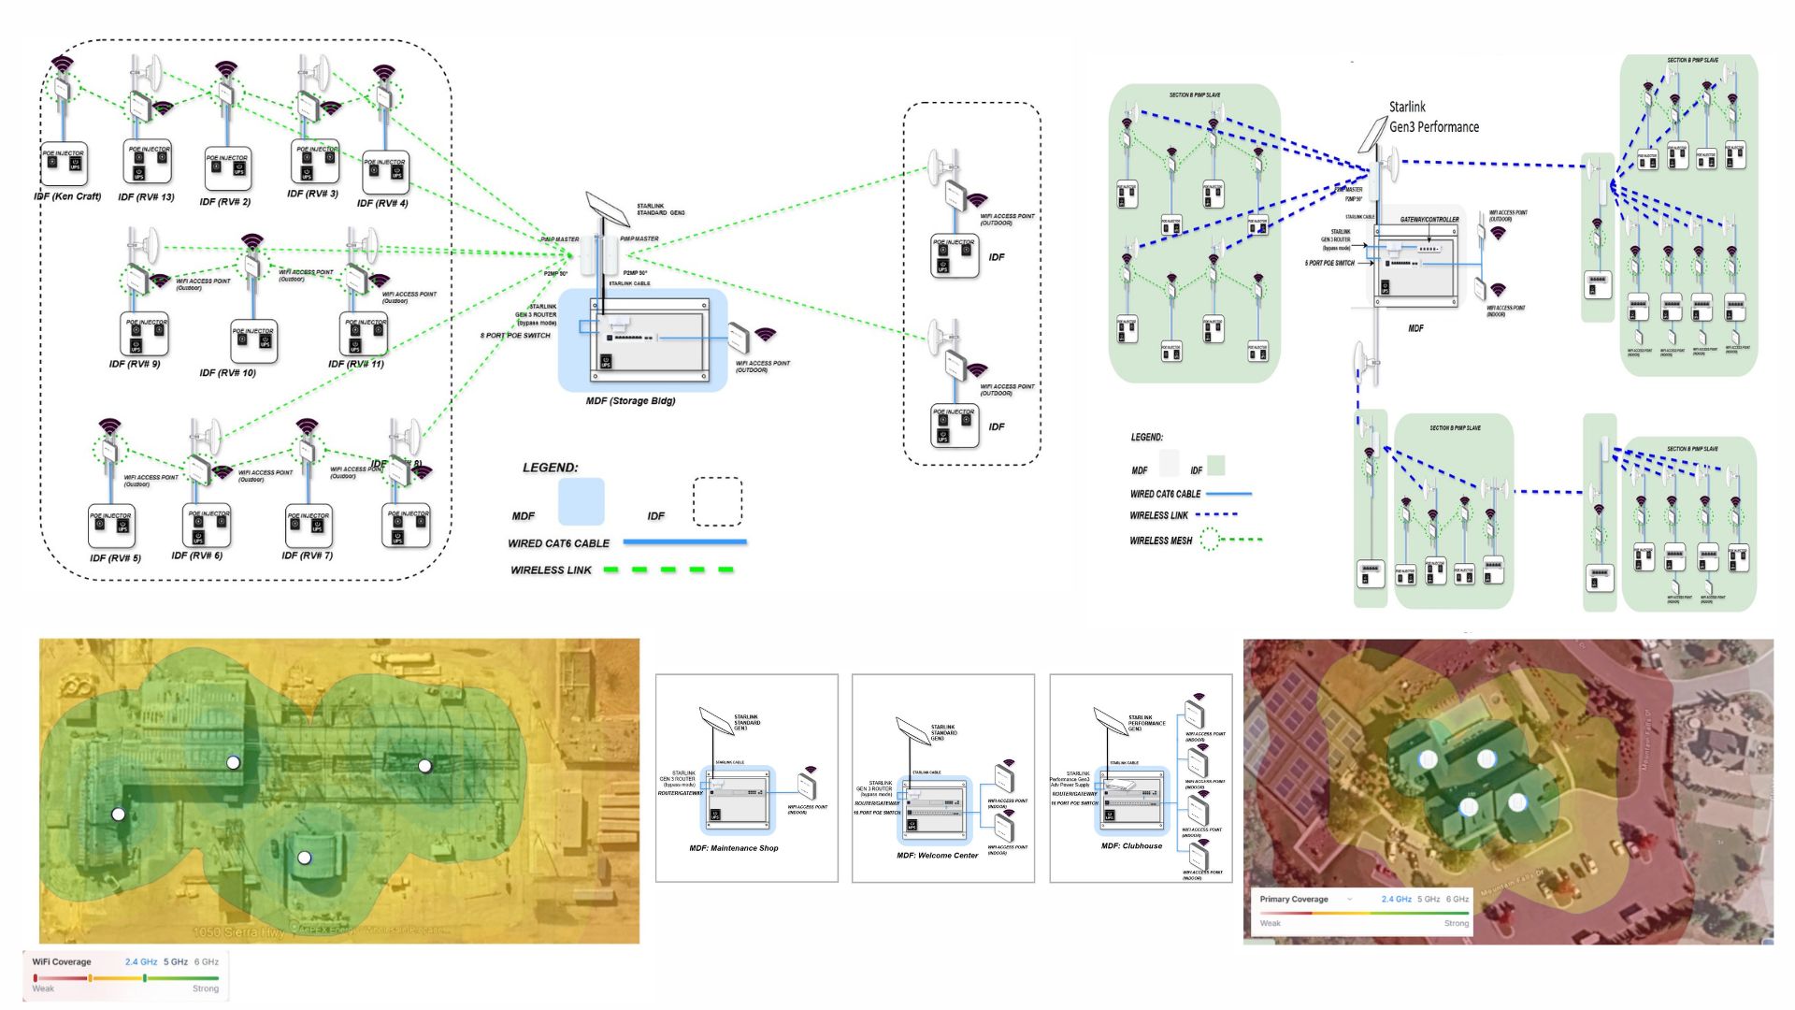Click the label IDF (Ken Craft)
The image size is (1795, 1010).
click(67, 197)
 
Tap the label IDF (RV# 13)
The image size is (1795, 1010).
click(146, 197)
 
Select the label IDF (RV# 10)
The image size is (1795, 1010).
click(227, 372)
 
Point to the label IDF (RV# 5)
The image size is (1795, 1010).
click(115, 558)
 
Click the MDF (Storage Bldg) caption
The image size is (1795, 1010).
click(630, 401)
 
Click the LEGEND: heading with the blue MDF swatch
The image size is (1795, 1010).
click(550, 468)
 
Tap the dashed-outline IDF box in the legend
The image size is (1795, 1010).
click(717, 502)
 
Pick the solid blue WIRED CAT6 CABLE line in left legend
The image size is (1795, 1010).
click(684, 541)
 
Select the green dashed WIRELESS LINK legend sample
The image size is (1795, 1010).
click(668, 570)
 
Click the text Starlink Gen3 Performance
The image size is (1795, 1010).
click(1433, 117)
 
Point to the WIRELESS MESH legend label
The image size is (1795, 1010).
click(1160, 541)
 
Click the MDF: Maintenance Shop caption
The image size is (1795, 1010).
click(734, 848)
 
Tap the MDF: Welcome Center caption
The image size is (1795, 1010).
click(937, 856)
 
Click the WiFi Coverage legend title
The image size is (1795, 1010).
click(62, 961)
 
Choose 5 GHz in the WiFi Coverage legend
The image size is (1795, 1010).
click(176, 961)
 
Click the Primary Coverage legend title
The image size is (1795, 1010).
click(1294, 899)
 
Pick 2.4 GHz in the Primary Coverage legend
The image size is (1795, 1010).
click(1396, 899)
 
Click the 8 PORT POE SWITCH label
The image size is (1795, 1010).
click(515, 336)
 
